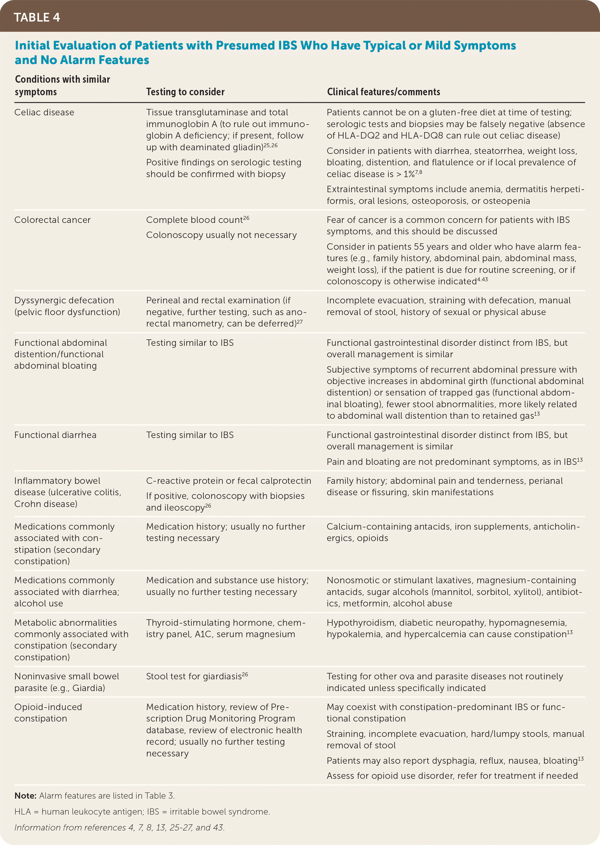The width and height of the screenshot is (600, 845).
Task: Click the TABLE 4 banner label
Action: [37, 17]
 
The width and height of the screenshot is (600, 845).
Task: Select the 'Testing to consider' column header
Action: [185, 92]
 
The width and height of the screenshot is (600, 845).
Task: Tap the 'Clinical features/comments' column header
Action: [383, 92]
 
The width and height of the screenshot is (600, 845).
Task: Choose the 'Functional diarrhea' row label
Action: [55, 435]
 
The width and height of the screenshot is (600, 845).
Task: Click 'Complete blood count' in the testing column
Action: [194, 220]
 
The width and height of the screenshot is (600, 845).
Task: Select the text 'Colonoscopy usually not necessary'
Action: [221, 235]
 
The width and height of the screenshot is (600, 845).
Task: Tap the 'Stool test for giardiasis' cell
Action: [194, 677]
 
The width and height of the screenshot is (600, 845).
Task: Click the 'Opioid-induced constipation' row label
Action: [48, 713]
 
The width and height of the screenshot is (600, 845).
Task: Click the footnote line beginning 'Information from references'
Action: [119, 828]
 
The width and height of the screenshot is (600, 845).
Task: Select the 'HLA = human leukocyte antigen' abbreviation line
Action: [142, 812]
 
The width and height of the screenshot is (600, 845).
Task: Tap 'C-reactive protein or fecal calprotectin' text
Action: [228, 481]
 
